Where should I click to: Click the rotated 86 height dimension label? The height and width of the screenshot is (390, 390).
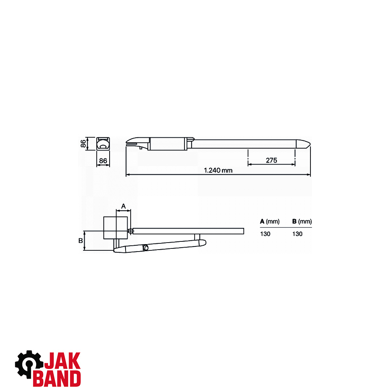click(x=83, y=144)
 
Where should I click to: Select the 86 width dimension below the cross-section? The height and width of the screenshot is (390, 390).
click(x=103, y=161)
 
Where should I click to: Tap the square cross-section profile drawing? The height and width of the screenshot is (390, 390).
click(x=103, y=144)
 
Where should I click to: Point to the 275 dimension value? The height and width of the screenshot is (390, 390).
click(x=271, y=160)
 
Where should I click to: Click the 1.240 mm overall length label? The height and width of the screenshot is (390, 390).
click(x=218, y=170)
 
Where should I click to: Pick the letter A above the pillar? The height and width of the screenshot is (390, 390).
click(x=123, y=206)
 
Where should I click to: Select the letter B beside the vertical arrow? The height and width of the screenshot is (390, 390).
click(x=81, y=241)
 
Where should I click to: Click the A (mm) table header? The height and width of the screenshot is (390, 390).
click(x=269, y=222)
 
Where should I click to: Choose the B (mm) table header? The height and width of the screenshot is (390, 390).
click(x=302, y=222)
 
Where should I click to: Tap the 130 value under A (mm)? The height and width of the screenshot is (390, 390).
click(x=265, y=234)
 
